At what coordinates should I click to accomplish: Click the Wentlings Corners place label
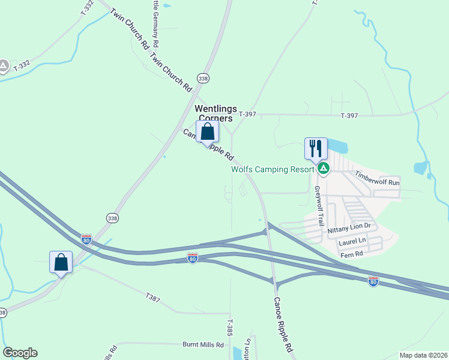click(x=214, y=113)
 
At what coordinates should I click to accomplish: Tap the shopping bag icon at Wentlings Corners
click(x=207, y=131)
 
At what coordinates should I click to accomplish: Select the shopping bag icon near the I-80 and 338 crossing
click(x=61, y=262)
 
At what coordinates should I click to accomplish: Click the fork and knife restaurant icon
click(x=316, y=148)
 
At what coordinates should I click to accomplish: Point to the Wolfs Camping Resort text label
click(x=273, y=169)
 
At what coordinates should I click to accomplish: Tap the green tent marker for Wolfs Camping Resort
click(x=324, y=169)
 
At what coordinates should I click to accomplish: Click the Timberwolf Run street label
click(x=377, y=178)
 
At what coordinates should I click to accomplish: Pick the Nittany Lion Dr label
click(x=350, y=229)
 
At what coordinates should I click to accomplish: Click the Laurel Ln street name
click(x=352, y=241)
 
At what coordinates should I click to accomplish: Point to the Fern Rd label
click(x=351, y=254)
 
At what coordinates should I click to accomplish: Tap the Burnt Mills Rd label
click(x=203, y=345)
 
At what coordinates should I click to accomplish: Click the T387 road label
click(x=153, y=296)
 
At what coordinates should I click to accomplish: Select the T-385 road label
click(x=229, y=327)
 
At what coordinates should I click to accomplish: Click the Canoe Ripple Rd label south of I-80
click(x=283, y=324)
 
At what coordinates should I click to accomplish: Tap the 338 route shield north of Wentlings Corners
click(x=203, y=79)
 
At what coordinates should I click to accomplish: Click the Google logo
click(x=20, y=353)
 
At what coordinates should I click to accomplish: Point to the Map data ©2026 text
click(x=424, y=355)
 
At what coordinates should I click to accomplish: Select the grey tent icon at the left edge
click(x=4, y=65)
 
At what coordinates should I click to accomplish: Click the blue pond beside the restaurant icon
click(x=337, y=146)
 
